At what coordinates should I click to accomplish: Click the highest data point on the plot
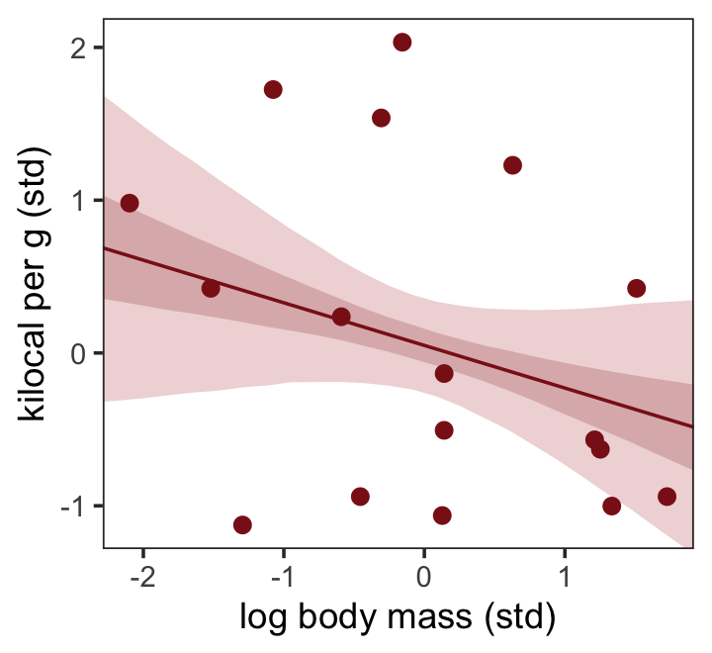(x=401, y=43)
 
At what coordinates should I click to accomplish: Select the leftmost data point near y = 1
(x=130, y=203)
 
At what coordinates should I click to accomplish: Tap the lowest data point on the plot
(x=242, y=524)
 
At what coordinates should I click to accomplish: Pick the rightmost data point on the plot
(x=667, y=497)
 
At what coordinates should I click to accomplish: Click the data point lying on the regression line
(x=341, y=317)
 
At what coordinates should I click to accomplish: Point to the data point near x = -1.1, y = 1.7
(x=273, y=90)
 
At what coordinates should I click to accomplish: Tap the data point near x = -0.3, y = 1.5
(x=381, y=118)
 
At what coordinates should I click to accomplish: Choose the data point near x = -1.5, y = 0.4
(x=211, y=289)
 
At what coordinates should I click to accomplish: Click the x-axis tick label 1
(x=565, y=574)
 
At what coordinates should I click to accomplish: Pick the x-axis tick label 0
(x=424, y=574)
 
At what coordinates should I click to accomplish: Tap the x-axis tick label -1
(x=281, y=574)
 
